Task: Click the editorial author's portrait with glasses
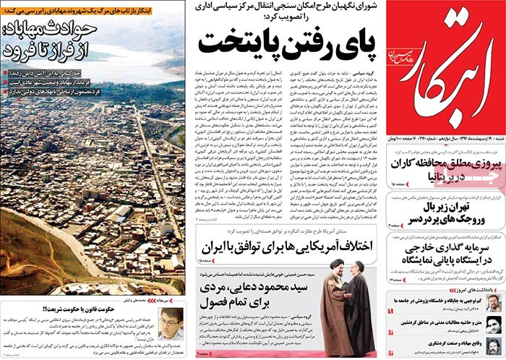(x=171, y=318)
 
